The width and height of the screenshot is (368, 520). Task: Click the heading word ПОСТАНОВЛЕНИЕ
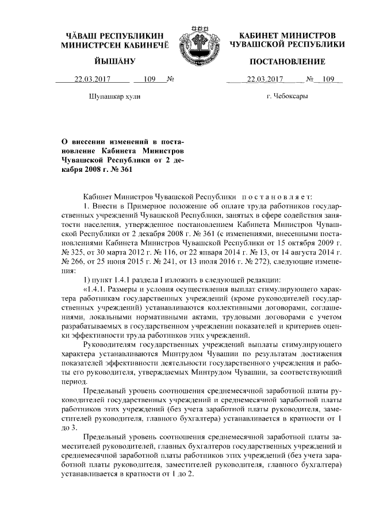coord(287,61)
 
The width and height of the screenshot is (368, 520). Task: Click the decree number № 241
coord(171,261)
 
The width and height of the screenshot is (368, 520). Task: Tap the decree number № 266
coord(71,261)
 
